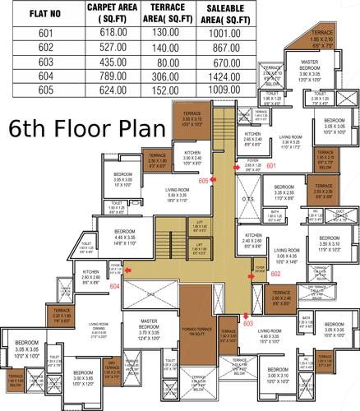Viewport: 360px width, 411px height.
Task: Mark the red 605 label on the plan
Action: pyautogui.click(x=203, y=180)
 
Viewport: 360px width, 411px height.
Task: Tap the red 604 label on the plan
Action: pyautogui.click(x=115, y=286)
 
